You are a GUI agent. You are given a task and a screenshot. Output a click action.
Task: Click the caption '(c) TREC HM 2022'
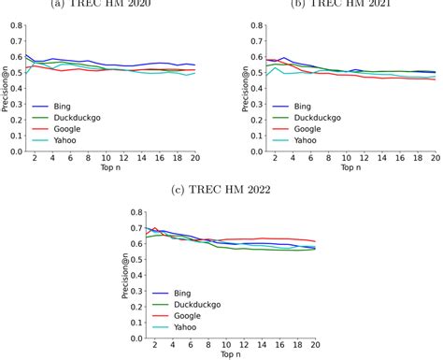221,192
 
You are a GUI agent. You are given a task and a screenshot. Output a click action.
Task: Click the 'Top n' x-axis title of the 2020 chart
110,169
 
